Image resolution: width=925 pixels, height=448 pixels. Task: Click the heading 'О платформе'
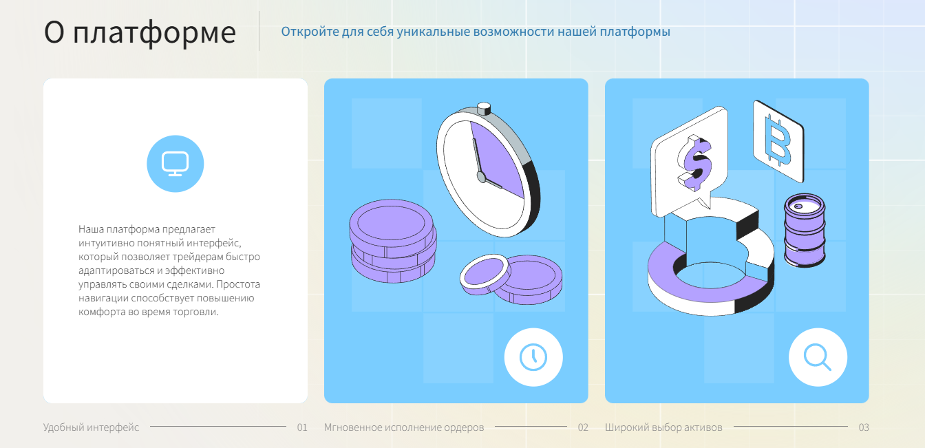pyautogui.click(x=140, y=32)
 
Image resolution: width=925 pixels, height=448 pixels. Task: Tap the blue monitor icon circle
pyautogui.click(x=175, y=164)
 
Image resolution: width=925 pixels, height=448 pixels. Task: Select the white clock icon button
pyautogui.click(x=533, y=357)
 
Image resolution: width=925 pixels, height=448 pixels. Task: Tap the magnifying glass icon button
pyautogui.click(x=818, y=357)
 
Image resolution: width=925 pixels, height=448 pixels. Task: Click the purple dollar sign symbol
pyautogui.click(x=694, y=163)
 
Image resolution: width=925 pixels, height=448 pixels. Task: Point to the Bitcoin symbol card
pyautogui.click(x=778, y=141)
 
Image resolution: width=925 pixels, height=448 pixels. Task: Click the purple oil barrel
pyautogui.click(x=805, y=231)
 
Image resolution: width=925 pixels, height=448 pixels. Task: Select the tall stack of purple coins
pyautogui.click(x=392, y=241)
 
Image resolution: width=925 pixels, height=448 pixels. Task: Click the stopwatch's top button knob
pyautogui.click(x=484, y=109)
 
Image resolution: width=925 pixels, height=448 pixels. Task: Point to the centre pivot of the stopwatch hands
pyautogui.click(x=481, y=177)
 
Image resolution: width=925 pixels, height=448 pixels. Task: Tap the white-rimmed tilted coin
pyautogui.click(x=485, y=274)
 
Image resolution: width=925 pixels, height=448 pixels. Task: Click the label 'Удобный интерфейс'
pyautogui.click(x=91, y=427)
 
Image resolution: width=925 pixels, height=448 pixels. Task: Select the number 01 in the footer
pyautogui.click(x=302, y=427)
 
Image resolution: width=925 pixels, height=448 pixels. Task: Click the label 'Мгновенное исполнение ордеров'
pyautogui.click(x=404, y=427)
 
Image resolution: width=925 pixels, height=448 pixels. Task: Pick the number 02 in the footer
pyautogui.click(x=583, y=427)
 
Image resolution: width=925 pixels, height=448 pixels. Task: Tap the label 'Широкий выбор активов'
pyautogui.click(x=663, y=427)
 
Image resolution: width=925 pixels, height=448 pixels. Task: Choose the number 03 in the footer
pyautogui.click(x=864, y=427)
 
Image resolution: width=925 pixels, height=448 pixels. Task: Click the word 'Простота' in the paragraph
pyautogui.click(x=238, y=284)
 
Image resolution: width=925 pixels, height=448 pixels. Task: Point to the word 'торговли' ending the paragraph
pyautogui.click(x=195, y=312)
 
